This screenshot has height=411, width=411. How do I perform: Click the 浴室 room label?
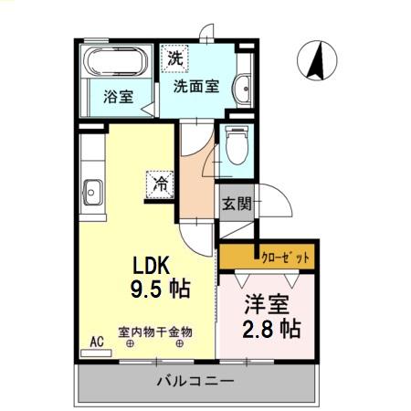click(116, 95)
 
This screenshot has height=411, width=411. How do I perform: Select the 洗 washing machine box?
click(174, 58)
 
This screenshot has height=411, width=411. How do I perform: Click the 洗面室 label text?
click(195, 86)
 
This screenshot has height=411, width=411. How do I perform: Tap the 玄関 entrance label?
click(236, 204)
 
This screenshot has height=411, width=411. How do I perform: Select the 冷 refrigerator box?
click(160, 183)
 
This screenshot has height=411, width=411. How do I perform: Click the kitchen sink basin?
click(92, 194)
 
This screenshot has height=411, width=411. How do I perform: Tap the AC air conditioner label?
click(96, 343)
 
